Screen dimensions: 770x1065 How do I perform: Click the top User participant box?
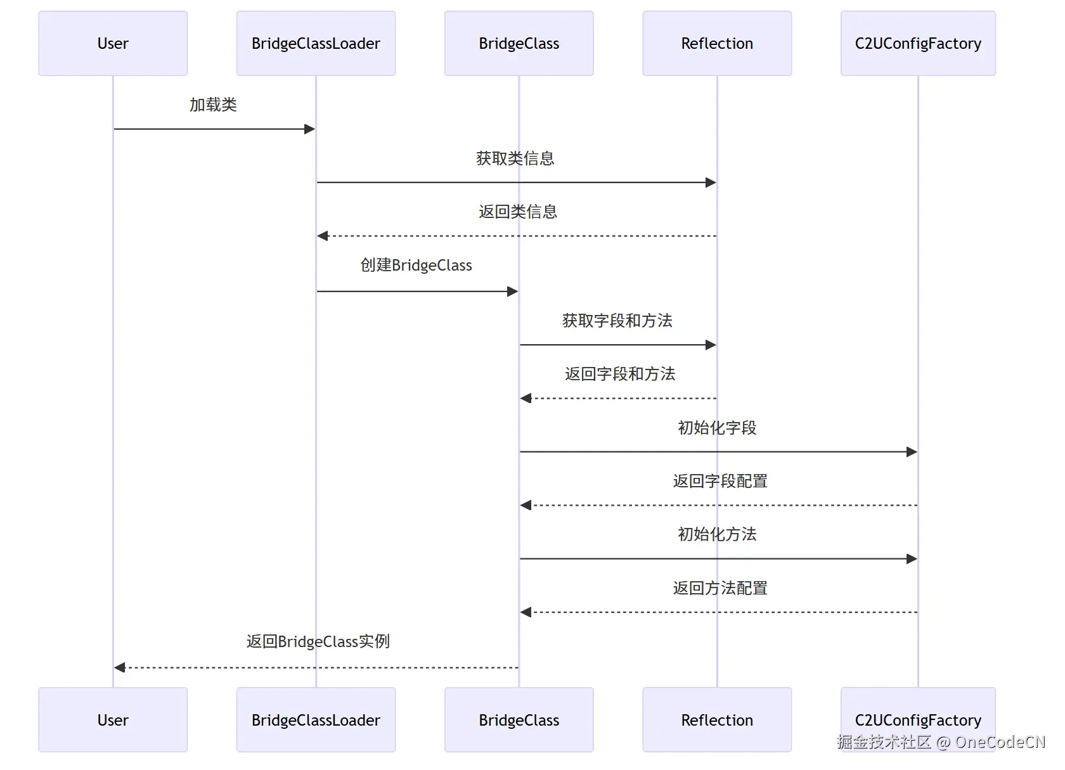(x=113, y=44)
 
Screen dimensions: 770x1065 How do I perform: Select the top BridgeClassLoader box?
(x=316, y=44)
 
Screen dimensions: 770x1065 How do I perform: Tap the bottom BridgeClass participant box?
(x=519, y=720)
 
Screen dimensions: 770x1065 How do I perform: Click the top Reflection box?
(x=717, y=44)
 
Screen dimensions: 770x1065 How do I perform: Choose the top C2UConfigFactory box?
(x=917, y=44)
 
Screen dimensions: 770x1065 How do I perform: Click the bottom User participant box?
(x=113, y=720)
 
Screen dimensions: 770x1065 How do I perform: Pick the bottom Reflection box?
(x=717, y=720)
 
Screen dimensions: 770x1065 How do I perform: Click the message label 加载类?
(x=213, y=105)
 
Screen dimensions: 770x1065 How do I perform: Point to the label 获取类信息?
(x=515, y=158)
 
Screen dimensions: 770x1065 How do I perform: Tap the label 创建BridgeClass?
(x=416, y=265)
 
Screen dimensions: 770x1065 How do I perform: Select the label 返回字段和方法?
(x=619, y=374)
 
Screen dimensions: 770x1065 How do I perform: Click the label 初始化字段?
(x=717, y=428)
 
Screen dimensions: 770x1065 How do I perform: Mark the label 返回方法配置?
(x=720, y=588)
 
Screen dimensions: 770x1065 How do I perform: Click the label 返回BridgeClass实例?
(x=318, y=641)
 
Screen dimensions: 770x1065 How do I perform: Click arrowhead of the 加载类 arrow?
(x=310, y=129)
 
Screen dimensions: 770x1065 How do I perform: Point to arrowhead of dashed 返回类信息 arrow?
(x=323, y=236)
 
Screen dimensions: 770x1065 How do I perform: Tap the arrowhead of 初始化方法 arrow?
(x=912, y=559)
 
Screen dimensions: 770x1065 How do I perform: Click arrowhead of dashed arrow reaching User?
(x=120, y=667)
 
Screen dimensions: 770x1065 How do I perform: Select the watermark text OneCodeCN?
(x=1000, y=742)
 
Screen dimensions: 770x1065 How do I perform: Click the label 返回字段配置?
(x=720, y=481)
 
